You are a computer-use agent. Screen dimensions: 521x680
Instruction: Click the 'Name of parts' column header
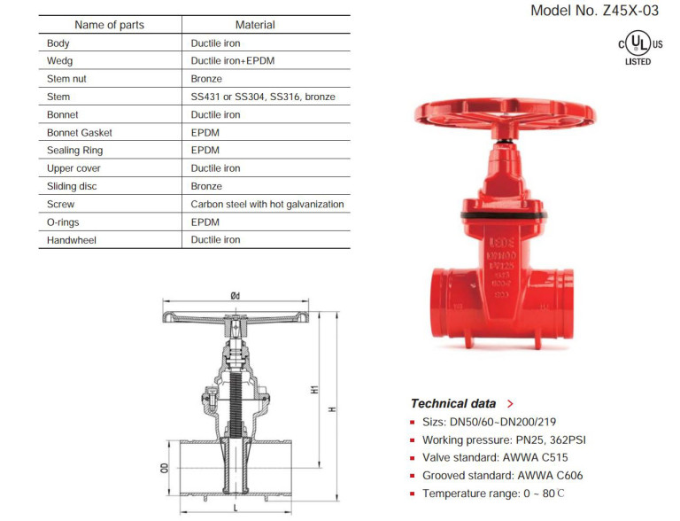(x=109, y=25)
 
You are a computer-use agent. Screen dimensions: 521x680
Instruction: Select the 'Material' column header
(x=255, y=25)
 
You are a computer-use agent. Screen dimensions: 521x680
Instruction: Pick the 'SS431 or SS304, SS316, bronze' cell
(x=263, y=97)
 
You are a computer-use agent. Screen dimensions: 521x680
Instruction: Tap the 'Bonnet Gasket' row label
(x=79, y=133)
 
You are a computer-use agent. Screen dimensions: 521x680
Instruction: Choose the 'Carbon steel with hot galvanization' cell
(x=267, y=205)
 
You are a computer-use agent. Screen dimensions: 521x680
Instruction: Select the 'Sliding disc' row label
(x=73, y=187)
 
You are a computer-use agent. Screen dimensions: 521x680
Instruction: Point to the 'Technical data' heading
(x=453, y=403)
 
